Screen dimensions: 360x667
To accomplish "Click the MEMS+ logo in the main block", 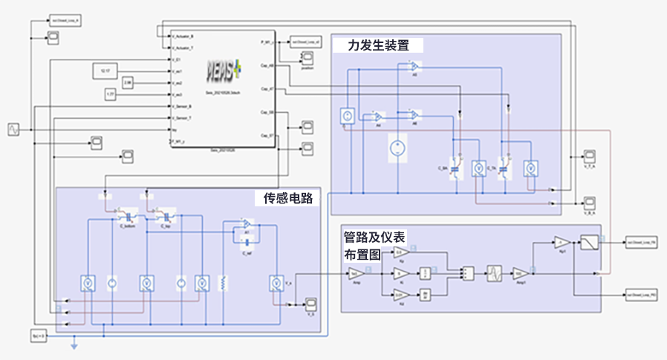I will (x=223, y=69).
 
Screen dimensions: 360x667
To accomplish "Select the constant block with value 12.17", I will (x=104, y=71).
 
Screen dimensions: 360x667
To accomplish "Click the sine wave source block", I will (x=13, y=129).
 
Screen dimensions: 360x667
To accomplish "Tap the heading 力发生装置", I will (x=379, y=45).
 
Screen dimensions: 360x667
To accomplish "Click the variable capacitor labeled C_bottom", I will (x=130, y=217).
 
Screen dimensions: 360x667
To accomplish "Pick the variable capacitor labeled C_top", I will (x=167, y=217).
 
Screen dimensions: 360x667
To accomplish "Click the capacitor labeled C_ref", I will (x=246, y=241).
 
